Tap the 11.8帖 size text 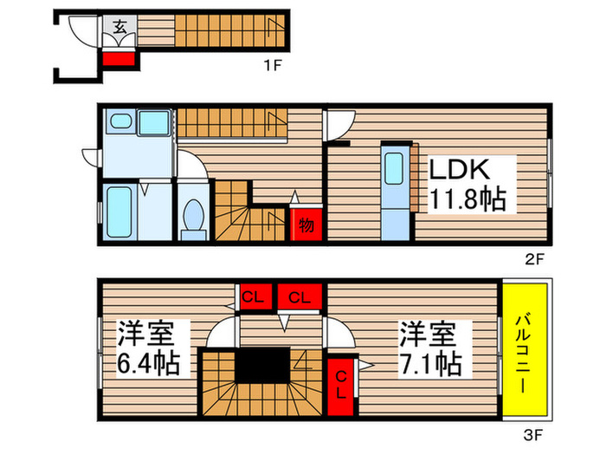(x=467, y=201)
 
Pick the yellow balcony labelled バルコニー (x=526, y=351)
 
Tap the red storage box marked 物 (x=306, y=224)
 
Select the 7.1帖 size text (x=430, y=362)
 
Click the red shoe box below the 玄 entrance (x=119, y=60)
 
